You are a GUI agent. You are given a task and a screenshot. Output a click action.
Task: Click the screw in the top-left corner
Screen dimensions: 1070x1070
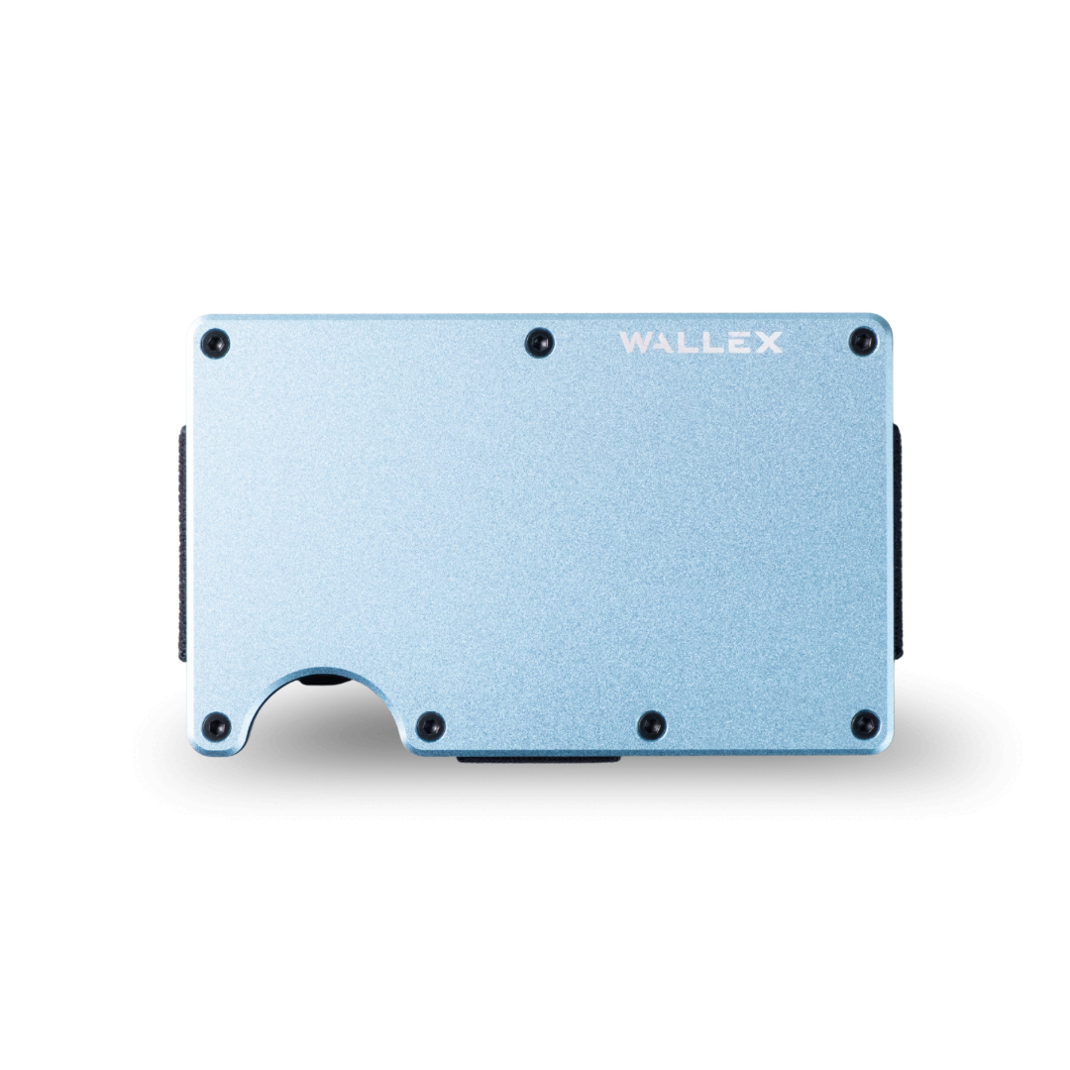215,344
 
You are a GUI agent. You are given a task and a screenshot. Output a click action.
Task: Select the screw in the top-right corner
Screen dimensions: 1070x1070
863,342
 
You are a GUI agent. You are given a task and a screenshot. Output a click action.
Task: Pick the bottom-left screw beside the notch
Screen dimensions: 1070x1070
215,726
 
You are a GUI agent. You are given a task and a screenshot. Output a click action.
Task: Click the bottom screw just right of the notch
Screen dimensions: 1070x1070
430,725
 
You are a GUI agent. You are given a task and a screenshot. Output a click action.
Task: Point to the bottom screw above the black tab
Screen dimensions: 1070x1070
651,724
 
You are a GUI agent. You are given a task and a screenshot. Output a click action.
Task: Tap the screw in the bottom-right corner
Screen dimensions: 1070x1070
865,724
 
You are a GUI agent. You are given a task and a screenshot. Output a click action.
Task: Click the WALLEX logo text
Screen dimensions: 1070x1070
700,343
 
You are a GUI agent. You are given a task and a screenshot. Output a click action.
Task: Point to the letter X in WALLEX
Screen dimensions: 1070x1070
768,343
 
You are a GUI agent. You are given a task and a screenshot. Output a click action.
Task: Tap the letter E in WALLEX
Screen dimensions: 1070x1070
741,343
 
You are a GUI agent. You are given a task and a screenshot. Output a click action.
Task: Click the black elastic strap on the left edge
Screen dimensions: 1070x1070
183,540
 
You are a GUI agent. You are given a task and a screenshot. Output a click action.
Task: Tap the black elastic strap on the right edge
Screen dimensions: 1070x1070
897,540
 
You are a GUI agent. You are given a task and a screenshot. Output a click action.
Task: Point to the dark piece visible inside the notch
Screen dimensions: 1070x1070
321,681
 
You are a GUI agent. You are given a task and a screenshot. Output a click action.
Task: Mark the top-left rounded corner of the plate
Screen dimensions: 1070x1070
196,323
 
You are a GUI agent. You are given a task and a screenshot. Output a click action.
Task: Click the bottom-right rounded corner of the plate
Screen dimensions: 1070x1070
884,746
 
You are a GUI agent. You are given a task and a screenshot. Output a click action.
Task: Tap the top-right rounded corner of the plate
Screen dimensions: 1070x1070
884,322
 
